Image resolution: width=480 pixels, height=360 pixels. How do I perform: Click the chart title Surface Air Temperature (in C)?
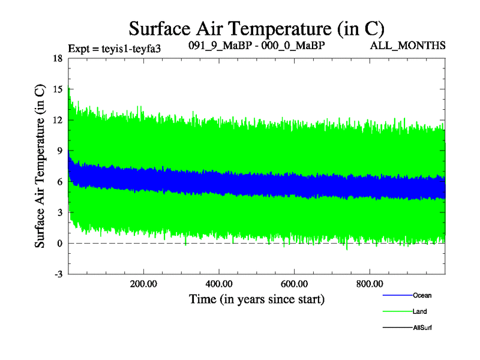(257, 28)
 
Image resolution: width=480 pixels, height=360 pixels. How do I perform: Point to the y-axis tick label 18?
(58, 59)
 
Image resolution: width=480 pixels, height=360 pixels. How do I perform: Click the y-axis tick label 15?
(58, 89)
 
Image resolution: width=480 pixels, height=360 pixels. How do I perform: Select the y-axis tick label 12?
(58, 120)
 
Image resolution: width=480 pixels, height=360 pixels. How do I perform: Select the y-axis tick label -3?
(58, 274)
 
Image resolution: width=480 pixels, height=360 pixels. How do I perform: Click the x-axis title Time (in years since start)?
(257, 298)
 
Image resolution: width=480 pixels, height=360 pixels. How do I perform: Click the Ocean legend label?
(422, 295)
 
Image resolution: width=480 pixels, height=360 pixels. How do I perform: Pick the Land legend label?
(420, 311)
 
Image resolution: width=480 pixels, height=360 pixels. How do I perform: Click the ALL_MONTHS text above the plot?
(420, 46)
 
